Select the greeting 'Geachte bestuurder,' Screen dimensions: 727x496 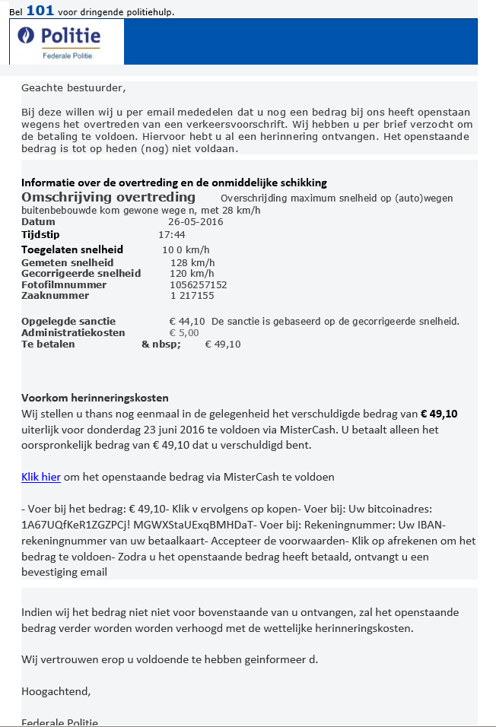click(x=73, y=87)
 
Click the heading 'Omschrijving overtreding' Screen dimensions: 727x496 click(x=103, y=197)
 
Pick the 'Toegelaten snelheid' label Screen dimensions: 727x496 click(x=72, y=249)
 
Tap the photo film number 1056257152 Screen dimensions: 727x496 click(x=198, y=285)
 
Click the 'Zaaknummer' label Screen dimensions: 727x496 click(x=55, y=296)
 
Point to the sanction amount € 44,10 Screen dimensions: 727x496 click(x=187, y=322)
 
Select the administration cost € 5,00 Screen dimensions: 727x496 click(x=183, y=333)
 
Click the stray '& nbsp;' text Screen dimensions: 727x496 click(x=161, y=344)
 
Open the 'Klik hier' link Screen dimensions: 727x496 click(x=41, y=477)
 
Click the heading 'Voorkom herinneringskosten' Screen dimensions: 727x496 click(x=94, y=398)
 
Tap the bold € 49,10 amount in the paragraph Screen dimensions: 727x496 click(x=439, y=414)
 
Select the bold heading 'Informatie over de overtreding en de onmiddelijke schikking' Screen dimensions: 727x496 click(x=174, y=183)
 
